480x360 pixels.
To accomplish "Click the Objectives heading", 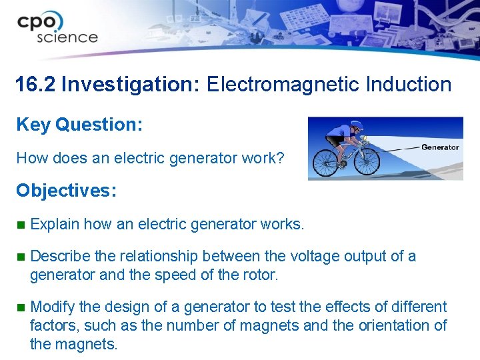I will pyautogui.click(x=66, y=191).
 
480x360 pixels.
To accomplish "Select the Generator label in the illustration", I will pyautogui.click(x=440, y=147).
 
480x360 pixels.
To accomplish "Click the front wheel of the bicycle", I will pyautogui.click(x=366, y=159).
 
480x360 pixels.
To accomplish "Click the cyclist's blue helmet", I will pyautogui.click(x=357, y=125).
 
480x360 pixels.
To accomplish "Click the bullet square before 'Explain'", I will pyautogui.click(x=20, y=225).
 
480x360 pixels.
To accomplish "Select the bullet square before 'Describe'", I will pyautogui.click(x=20, y=257).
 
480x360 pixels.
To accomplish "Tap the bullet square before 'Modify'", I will pyautogui.click(x=20, y=307).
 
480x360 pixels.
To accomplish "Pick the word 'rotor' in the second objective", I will pyautogui.click(x=259, y=275).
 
